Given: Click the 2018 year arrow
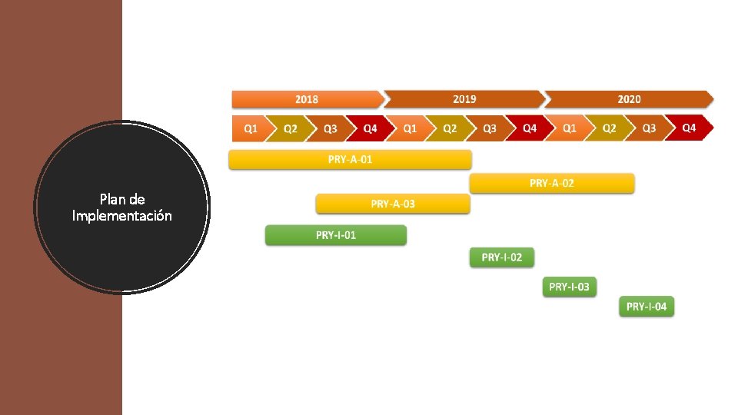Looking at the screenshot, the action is tap(307, 99).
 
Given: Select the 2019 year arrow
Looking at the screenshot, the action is tap(464, 99).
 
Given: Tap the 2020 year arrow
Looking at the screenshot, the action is tap(629, 99).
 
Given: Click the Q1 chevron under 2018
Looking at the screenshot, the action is tap(251, 128).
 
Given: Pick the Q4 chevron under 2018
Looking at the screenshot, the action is tap(371, 128).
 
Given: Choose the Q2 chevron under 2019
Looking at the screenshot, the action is tap(450, 128).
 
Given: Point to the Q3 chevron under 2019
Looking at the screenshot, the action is tap(490, 128).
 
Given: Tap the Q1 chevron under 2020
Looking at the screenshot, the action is tap(570, 128).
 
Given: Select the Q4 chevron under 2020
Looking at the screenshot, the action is tap(689, 128).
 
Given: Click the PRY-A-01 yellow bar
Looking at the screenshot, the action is tap(350, 160).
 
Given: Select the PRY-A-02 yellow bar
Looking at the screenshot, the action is tap(552, 183).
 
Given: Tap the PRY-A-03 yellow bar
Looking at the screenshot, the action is tap(393, 204).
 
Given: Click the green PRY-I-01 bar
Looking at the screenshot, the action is tap(336, 235).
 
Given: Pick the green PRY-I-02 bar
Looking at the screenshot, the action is tap(501, 257).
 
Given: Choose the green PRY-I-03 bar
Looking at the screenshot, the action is tap(569, 287).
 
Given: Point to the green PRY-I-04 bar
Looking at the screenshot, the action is tap(647, 307).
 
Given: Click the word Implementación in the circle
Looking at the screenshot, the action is tap(122, 216).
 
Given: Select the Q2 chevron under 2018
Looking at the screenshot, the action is tap(291, 128).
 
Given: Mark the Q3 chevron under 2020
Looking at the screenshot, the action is tap(649, 128).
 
